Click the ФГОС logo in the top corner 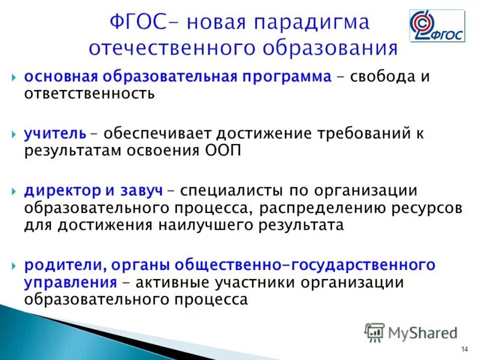437,26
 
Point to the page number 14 464,350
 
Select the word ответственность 89,94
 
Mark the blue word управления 70,282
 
